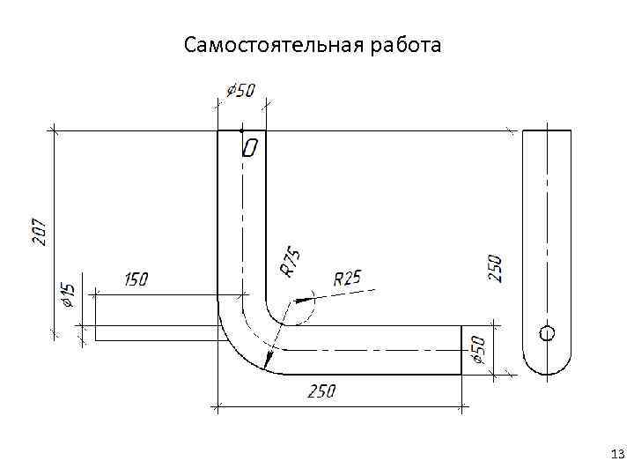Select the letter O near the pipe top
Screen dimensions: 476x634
[249, 148]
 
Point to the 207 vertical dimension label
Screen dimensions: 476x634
[40, 233]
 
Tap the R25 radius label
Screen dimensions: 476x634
[348, 279]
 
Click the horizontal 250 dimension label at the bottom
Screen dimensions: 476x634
[321, 390]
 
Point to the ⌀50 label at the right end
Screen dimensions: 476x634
[479, 349]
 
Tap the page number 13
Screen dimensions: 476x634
[616, 455]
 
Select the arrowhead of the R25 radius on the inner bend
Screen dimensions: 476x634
[304, 301]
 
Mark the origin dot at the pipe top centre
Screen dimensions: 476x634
[240, 130]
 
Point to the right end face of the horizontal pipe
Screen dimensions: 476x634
[461, 350]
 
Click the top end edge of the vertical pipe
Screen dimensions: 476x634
[240, 130]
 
